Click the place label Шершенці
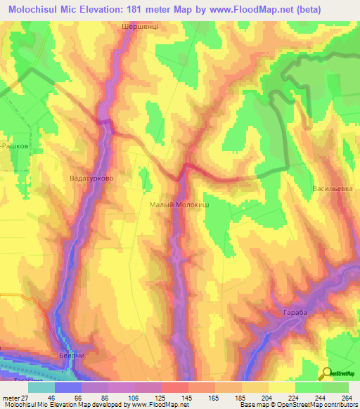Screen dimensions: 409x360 point(136,25)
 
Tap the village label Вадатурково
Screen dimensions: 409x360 point(92,178)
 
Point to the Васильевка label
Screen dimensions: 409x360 point(332,190)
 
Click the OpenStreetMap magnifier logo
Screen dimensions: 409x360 point(327,374)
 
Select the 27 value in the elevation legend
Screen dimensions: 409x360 point(25,398)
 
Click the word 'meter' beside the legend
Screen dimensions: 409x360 point(10,398)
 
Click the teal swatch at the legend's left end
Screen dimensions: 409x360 point(41,387)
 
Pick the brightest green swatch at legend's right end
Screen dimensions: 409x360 point(335,387)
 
